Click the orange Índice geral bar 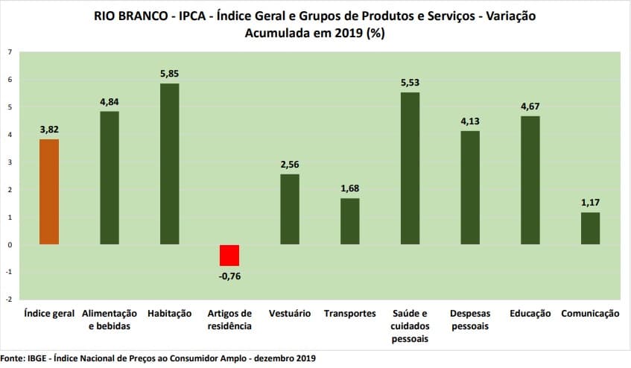[49, 191]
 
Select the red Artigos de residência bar [229, 255]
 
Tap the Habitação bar [169, 164]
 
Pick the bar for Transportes [350, 221]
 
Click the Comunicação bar [590, 228]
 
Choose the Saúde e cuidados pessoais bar [410, 168]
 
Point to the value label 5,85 [169, 74]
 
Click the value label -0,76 [229, 276]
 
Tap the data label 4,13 [470, 121]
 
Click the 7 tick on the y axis [10, 52]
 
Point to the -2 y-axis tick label [8, 299]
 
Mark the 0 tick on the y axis [10, 244]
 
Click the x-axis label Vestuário [290, 314]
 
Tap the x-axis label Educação [530, 314]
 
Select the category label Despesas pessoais [470, 320]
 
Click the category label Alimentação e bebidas [110, 320]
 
